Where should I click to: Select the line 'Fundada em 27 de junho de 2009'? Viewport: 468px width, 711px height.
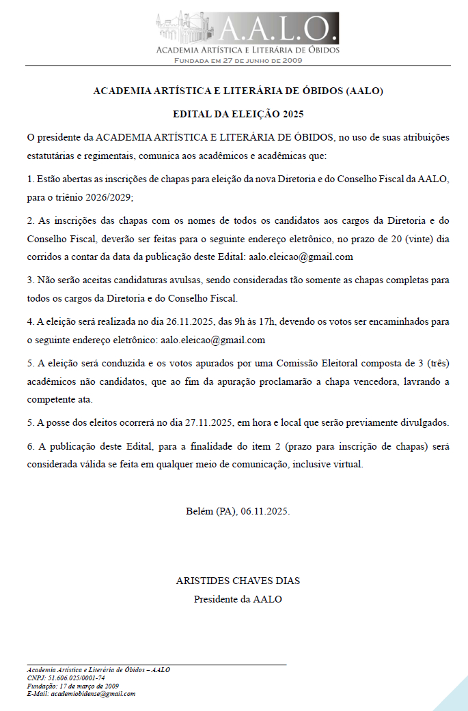(x=238, y=60)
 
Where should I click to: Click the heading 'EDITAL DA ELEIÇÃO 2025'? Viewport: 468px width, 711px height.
(x=238, y=114)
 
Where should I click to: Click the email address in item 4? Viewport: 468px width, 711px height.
(x=212, y=340)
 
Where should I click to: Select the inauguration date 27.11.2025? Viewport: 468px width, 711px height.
(x=210, y=423)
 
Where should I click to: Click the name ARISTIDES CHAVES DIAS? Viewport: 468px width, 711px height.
(x=238, y=581)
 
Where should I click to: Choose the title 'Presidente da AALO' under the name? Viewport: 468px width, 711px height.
(x=238, y=599)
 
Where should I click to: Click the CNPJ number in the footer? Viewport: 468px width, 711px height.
(x=74, y=678)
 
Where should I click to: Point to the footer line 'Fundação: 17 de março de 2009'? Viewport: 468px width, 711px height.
(x=73, y=686)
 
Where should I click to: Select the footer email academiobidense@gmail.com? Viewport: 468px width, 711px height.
(x=93, y=694)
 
